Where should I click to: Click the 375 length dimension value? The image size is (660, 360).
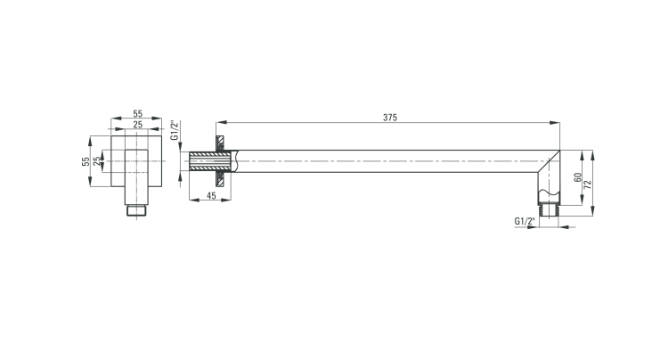(390, 118)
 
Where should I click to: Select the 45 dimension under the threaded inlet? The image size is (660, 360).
(211, 195)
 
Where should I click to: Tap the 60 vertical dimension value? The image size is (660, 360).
(578, 177)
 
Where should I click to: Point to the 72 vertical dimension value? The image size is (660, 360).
(588, 184)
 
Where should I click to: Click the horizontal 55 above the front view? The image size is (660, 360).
(138, 114)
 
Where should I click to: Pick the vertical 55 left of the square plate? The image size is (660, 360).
(86, 161)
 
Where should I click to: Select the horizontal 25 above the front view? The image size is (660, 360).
(138, 124)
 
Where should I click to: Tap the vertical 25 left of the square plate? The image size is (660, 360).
(97, 161)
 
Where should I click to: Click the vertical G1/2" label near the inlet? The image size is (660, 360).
(174, 130)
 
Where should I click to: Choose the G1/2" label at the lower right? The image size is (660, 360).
(525, 221)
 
